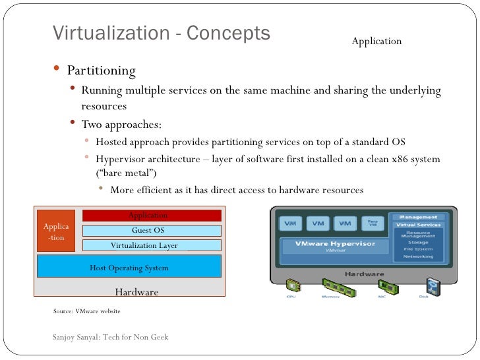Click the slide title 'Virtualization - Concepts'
(x=161, y=34)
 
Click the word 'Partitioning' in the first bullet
(x=101, y=71)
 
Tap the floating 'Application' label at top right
(x=376, y=42)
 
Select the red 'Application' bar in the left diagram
(x=151, y=216)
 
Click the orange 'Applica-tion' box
(x=56, y=231)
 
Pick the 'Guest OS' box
(x=151, y=231)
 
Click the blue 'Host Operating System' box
(x=129, y=267)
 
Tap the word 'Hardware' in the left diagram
(x=136, y=291)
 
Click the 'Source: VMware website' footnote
(x=86, y=310)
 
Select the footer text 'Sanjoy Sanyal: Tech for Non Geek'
(x=110, y=337)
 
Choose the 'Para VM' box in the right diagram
(x=373, y=224)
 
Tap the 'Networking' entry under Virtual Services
(x=417, y=256)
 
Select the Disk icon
(x=432, y=286)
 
